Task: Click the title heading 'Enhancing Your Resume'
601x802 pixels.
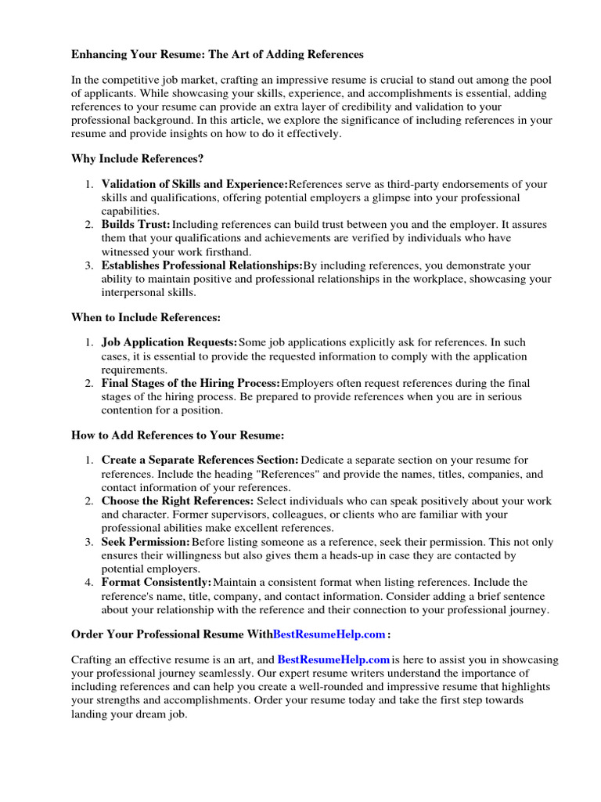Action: click(218, 55)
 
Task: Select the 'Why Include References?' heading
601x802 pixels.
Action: click(137, 158)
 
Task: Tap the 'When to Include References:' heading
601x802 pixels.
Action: click(146, 317)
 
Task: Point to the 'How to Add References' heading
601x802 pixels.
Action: click(177, 435)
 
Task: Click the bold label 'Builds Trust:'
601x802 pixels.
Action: click(135, 225)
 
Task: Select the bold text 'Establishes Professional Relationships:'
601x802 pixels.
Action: click(202, 266)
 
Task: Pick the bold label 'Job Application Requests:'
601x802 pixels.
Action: click(169, 342)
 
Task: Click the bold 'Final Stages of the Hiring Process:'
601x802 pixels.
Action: click(190, 383)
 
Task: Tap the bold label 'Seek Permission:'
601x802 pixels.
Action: click(146, 541)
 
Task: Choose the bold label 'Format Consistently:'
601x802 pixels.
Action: click(157, 582)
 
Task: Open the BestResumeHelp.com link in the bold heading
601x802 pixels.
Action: click(329, 634)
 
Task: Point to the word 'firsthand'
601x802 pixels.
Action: click(225, 251)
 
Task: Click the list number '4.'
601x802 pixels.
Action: click(89, 582)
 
